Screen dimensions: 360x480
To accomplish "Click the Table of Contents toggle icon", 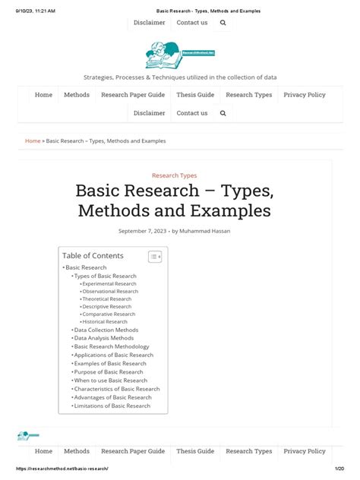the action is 154,257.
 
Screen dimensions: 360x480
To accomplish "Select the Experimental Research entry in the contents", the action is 109,283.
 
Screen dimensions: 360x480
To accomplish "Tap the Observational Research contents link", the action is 110,291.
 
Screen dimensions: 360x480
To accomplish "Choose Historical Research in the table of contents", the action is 105,321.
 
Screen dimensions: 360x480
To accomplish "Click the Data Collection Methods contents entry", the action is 106,330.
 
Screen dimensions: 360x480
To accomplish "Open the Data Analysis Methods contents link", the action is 104,338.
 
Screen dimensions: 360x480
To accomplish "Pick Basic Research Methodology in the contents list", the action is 112,346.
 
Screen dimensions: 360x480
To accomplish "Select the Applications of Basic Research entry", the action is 114,355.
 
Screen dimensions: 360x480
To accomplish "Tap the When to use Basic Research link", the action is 111,381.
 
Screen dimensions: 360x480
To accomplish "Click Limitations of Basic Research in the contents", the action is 112,406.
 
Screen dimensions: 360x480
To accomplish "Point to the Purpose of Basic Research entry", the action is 109,372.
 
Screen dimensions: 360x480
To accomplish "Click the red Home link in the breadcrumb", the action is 33,141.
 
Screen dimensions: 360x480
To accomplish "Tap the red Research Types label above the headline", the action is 174,175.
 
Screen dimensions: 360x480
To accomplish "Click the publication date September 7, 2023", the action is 142,231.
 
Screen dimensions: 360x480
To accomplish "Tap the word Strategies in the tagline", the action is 99,77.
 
